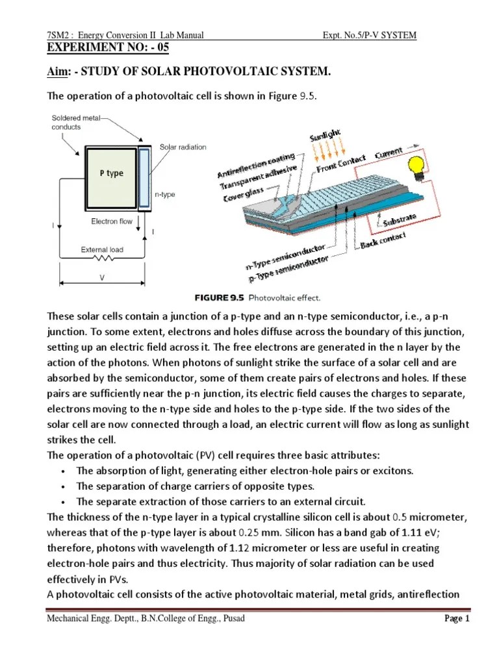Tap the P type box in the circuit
click(x=112, y=173)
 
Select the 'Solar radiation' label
click(x=183, y=147)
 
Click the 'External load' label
click(x=101, y=249)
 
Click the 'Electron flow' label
click(x=112, y=221)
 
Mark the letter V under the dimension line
click(x=102, y=276)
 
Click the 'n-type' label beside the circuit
click(x=164, y=194)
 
